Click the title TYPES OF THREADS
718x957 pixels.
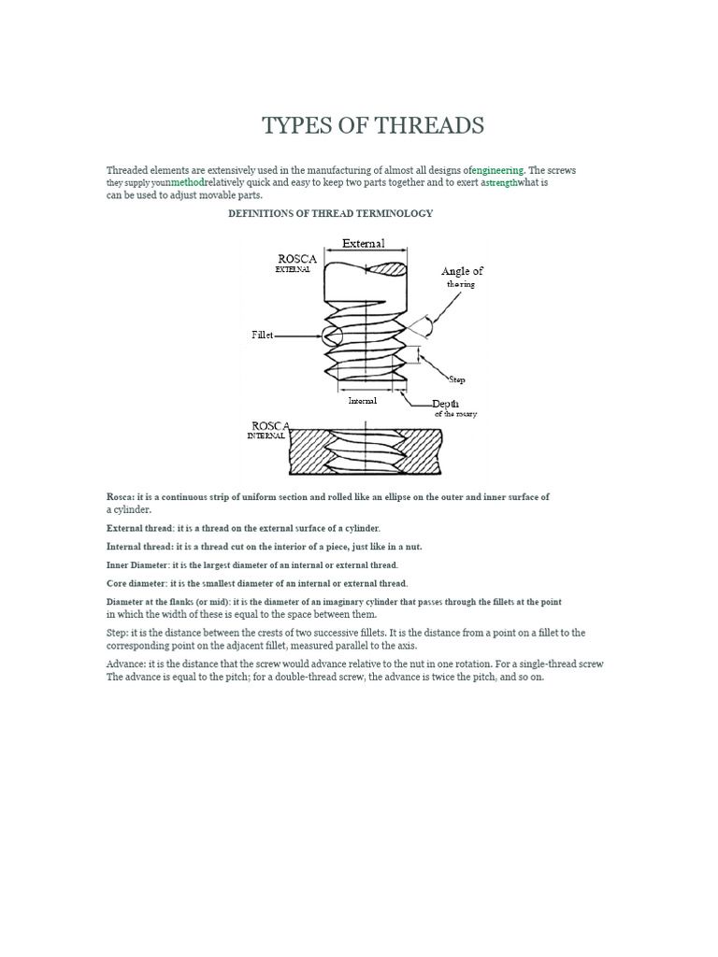[373, 126]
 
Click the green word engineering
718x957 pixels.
[499, 170]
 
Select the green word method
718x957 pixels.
[187, 183]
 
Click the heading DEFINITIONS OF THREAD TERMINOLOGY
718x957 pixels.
[331, 213]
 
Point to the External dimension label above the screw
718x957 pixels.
[363, 244]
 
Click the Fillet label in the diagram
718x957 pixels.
[262, 335]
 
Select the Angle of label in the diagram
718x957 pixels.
[462, 271]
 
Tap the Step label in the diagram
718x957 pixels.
[457, 379]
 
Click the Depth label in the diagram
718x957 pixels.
[445, 404]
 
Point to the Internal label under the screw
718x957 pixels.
[363, 401]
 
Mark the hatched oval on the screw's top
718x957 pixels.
[387, 270]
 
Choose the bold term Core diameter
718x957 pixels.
[136, 584]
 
